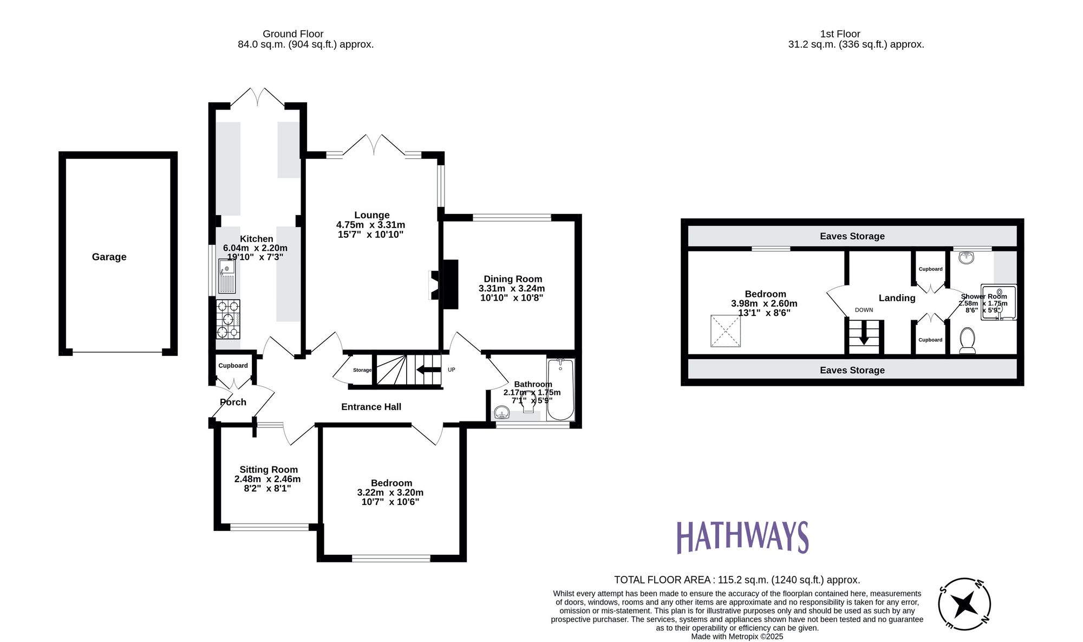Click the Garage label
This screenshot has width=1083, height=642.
pyautogui.click(x=109, y=257)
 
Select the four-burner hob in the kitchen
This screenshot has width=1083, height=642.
pyautogui.click(x=228, y=319)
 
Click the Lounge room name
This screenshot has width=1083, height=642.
pyautogui.click(x=371, y=215)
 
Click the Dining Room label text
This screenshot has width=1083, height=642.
pyautogui.click(x=512, y=279)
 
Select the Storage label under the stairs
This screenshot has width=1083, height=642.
pyautogui.click(x=362, y=370)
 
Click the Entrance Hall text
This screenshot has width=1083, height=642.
pyautogui.click(x=371, y=407)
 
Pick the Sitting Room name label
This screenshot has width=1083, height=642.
pyautogui.click(x=269, y=470)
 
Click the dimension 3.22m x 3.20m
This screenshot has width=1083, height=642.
pyautogui.click(x=390, y=492)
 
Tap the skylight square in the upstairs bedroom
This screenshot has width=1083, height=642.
pyautogui.click(x=726, y=330)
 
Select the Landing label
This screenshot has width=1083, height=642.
pyautogui.click(x=897, y=298)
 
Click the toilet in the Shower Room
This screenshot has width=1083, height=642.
pyautogui.click(x=967, y=341)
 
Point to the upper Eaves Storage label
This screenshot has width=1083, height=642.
pyautogui.click(x=852, y=236)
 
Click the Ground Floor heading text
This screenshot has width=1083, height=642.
pyautogui.click(x=293, y=34)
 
